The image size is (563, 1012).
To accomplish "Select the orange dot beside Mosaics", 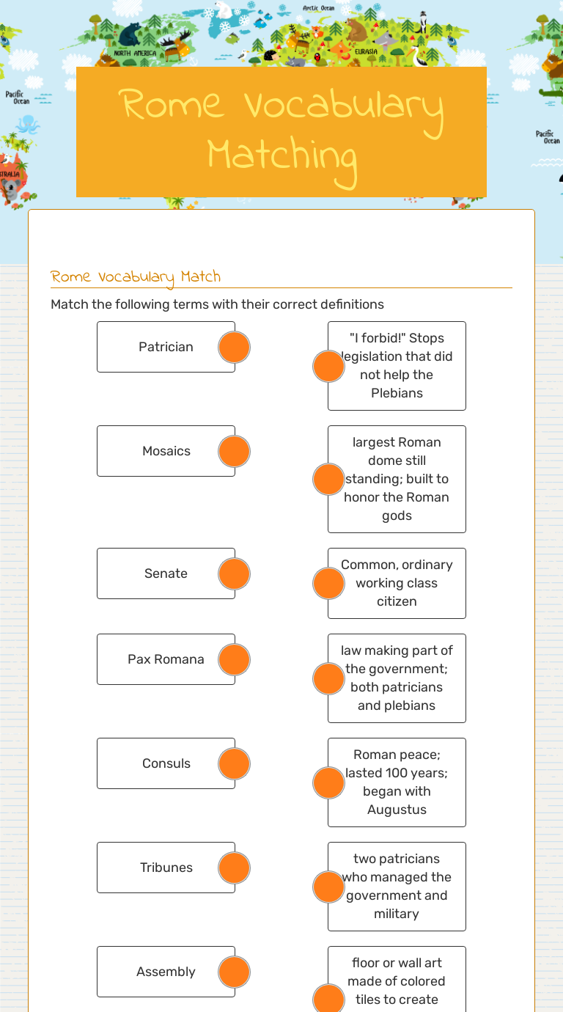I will pos(235,452).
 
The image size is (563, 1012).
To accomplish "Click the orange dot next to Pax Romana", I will pos(235,660).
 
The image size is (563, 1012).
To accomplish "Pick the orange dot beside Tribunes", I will pos(235,868).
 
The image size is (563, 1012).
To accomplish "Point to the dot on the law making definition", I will pos(329,679).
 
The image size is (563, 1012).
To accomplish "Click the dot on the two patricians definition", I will pos(329,887).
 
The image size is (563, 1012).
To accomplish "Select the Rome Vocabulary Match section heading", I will pos(136,276).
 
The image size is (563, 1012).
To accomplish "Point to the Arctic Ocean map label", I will pos(319,8).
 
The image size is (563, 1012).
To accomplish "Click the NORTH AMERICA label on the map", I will pos(135,54).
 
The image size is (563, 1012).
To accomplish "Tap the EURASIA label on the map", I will pos(366,52).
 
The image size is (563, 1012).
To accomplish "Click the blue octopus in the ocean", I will pos(29,123).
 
